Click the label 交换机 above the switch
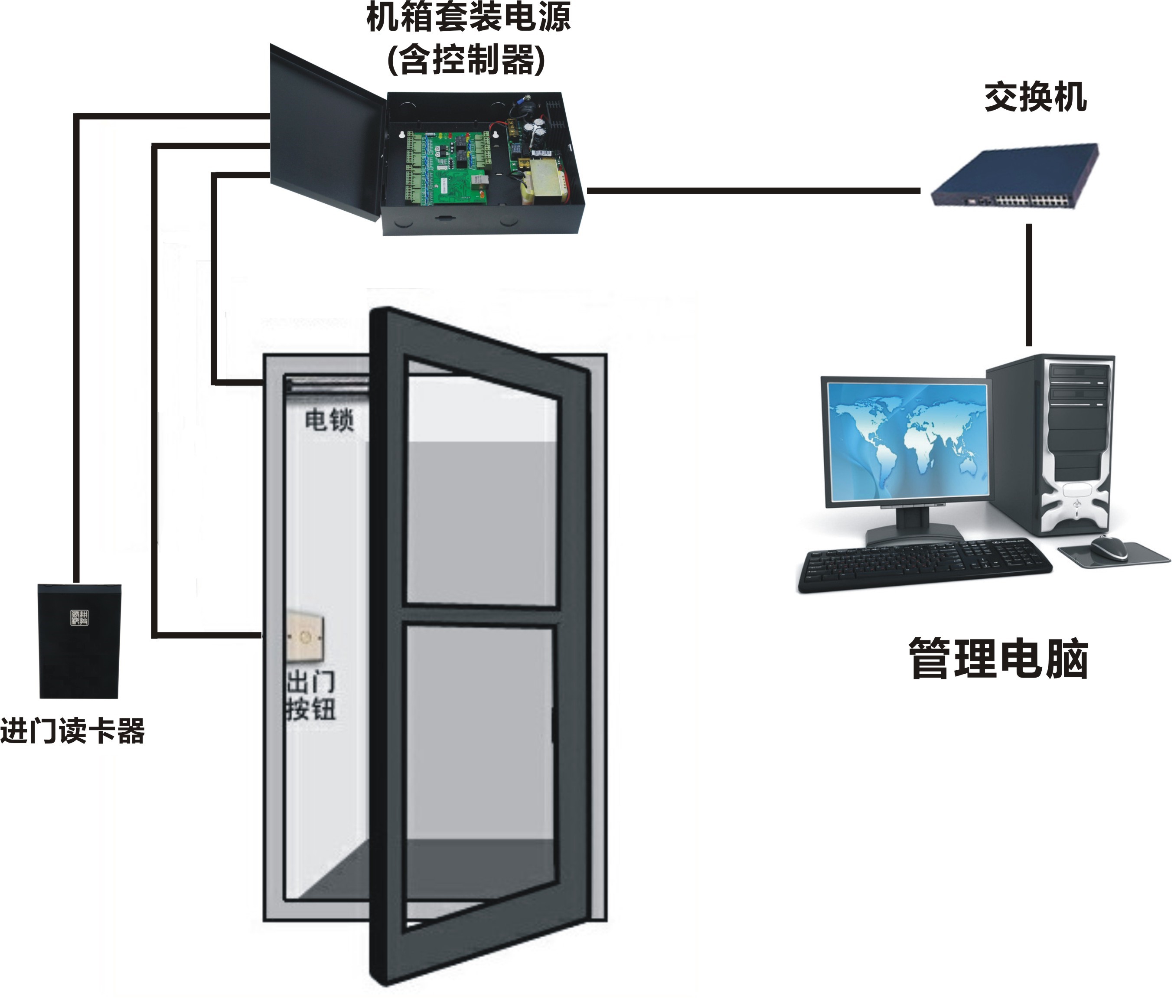point(1035,97)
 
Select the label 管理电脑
point(998,659)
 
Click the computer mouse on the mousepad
point(1109,547)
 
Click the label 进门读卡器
point(72,731)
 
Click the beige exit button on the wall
point(306,636)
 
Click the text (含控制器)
point(466,60)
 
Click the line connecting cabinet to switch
point(753,191)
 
